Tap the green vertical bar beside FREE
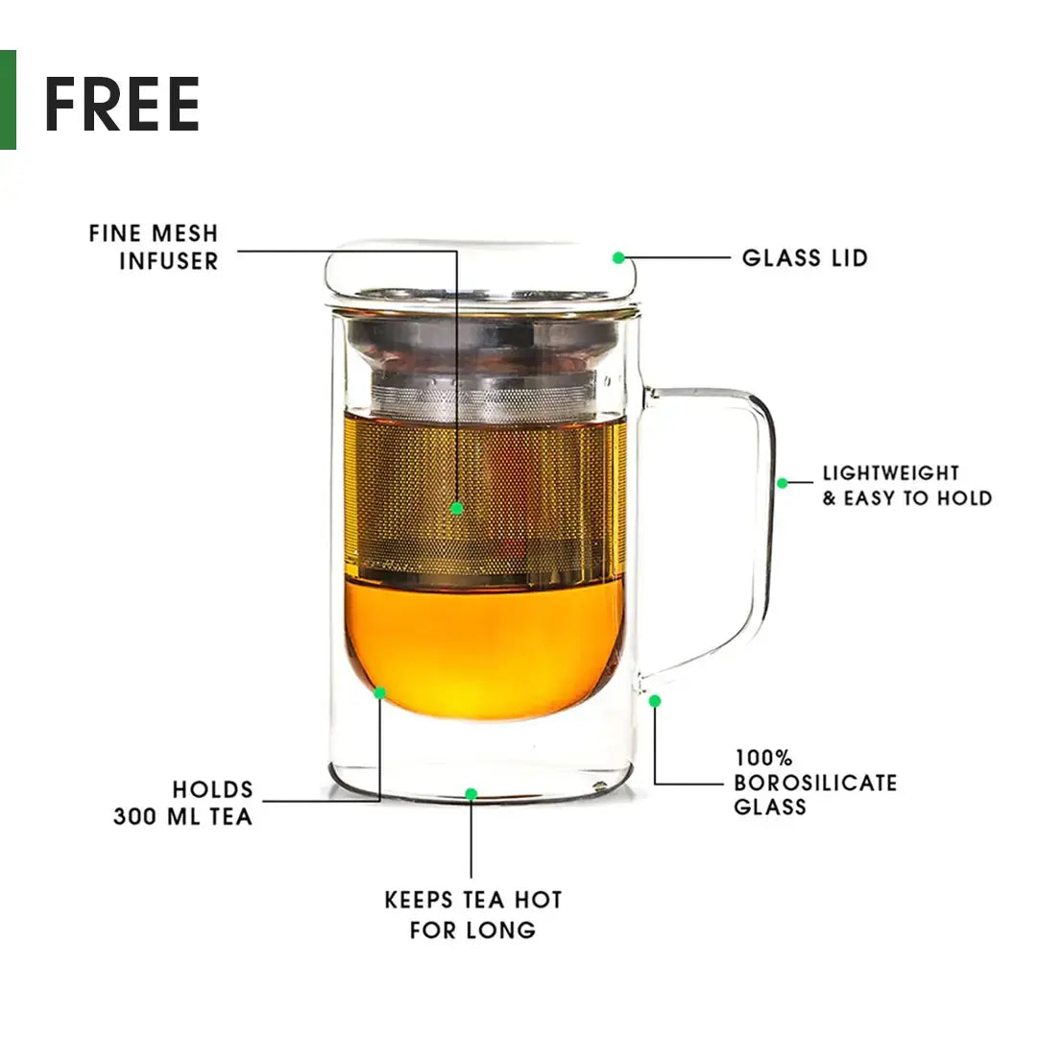pos(8,100)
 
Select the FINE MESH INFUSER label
pos(154,247)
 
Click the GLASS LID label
pos(805,257)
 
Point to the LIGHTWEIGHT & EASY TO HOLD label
pos(906,486)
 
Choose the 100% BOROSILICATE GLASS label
pos(815,783)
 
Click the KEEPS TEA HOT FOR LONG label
pos(472,915)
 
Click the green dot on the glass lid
pos(618,257)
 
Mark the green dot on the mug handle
pos(782,483)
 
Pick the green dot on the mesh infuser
pos(457,508)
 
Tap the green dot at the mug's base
pos(470,794)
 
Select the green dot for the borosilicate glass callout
pos(655,701)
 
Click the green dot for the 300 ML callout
pos(380,692)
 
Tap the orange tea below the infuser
pos(485,648)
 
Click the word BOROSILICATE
pos(815,783)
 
